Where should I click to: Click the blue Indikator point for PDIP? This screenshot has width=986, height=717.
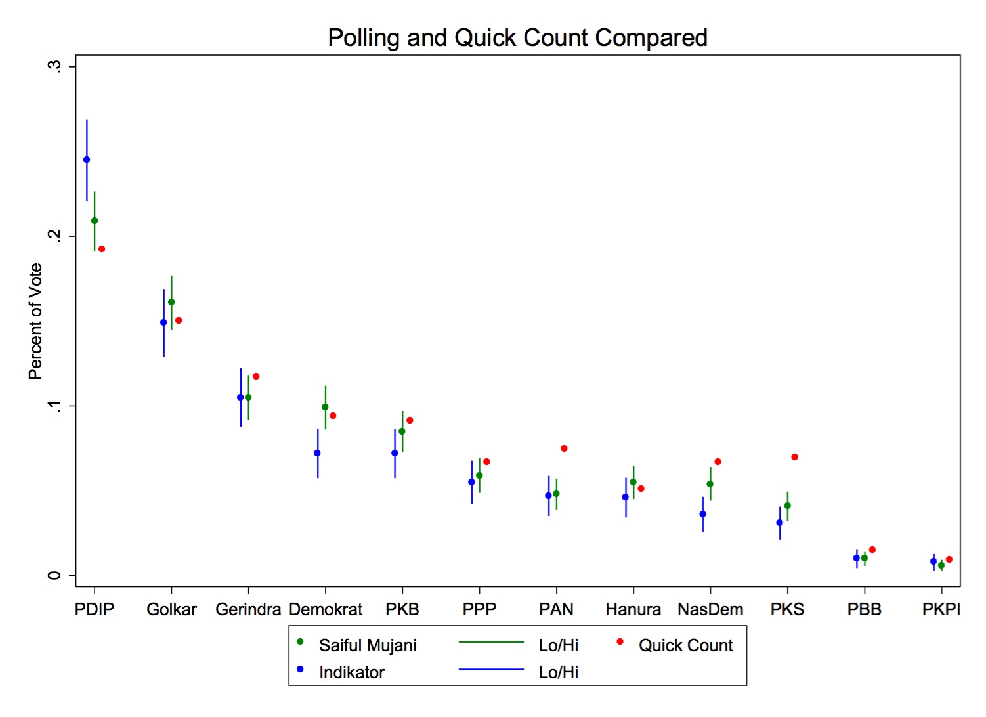(87, 160)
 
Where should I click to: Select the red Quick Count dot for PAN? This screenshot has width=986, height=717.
(564, 448)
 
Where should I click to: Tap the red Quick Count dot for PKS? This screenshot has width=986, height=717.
(794, 457)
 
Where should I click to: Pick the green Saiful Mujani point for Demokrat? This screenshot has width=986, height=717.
(325, 407)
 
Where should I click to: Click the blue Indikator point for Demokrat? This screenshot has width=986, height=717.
(317, 453)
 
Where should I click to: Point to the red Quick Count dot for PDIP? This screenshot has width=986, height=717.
(102, 249)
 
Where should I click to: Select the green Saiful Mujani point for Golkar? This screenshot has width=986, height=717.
(171, 302)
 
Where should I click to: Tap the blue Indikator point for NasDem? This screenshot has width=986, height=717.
(702, 514)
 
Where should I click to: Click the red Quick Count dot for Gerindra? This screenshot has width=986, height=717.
(256, 376)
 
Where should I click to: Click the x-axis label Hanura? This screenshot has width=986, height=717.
(633, 609)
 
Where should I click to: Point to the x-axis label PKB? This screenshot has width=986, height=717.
(402, 609)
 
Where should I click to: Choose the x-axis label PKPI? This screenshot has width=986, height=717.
(941, 609)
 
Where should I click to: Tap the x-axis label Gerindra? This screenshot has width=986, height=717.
(248, 609)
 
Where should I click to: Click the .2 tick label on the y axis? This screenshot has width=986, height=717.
(55, 236)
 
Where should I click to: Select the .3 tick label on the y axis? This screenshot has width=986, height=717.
(55, 66)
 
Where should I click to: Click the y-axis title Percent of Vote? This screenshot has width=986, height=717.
(35, 321)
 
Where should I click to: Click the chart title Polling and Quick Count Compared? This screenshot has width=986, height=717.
(517, 38)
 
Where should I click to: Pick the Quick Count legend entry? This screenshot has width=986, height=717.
(685, 645)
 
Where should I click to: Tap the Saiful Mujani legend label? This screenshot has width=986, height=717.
(368, 645)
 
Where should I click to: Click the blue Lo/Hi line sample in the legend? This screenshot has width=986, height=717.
(491, 669)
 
